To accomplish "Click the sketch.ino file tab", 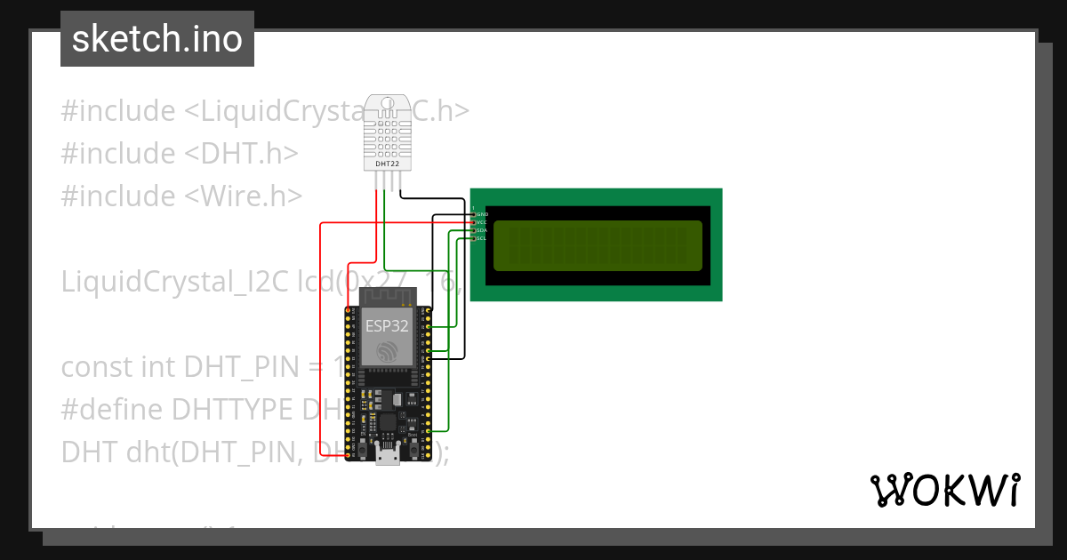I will (x=157, y=39).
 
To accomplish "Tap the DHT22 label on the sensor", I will (x=387, y=164).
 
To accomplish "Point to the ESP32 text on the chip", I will (x=387, y=325).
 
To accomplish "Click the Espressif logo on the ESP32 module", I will (x=387, y=351).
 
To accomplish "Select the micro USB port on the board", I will (x=387, y=456).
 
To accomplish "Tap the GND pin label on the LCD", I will (x=482, y=214).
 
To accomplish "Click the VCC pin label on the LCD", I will (x=482, y=222).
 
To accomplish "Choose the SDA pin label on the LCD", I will (x=482, y=230).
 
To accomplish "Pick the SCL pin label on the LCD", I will (x=482, y=238).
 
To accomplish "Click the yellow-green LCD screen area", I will (x=597, y=245).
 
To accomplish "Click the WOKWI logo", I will (x=944, y=490).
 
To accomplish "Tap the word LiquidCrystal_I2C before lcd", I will (x=175, y=281).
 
